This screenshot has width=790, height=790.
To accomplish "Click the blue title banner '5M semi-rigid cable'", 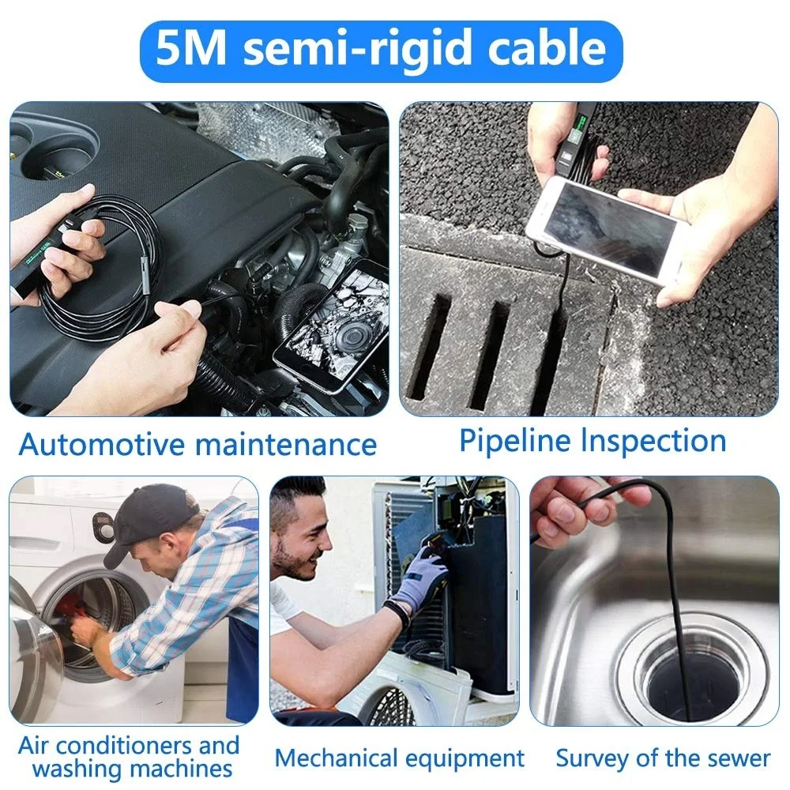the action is tap(381, 51).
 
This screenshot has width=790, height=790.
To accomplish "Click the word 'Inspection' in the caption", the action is tap(654, 442).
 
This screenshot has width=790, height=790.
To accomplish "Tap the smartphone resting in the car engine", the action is tap(332, 324).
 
